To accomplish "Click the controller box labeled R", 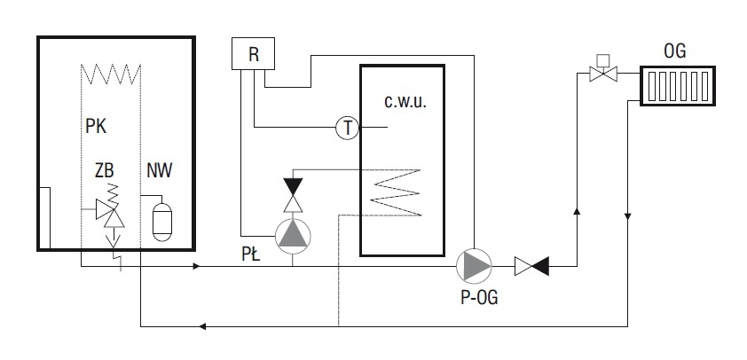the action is coord(253,54).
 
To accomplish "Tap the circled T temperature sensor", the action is coord(347,128).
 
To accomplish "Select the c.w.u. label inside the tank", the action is coord(405,102).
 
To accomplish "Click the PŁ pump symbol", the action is coord(293,236).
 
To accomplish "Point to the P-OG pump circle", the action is coord(474,266).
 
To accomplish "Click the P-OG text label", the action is coord(479,297).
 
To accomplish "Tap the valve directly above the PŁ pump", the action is coord(293,195).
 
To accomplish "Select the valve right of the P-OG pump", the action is coord(531,266).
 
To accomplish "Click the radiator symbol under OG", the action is coord(678,86).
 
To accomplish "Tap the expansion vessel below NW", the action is coord(162,222).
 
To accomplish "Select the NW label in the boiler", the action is coord(160,170).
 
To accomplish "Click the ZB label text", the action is coord(105,170).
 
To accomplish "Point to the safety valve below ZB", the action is coord(111,213).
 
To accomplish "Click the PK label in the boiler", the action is coord(96,127).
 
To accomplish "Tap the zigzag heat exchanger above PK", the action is coord(111,74).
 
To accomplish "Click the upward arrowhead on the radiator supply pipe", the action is coord(577,211).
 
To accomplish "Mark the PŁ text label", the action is coord(250,254).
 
